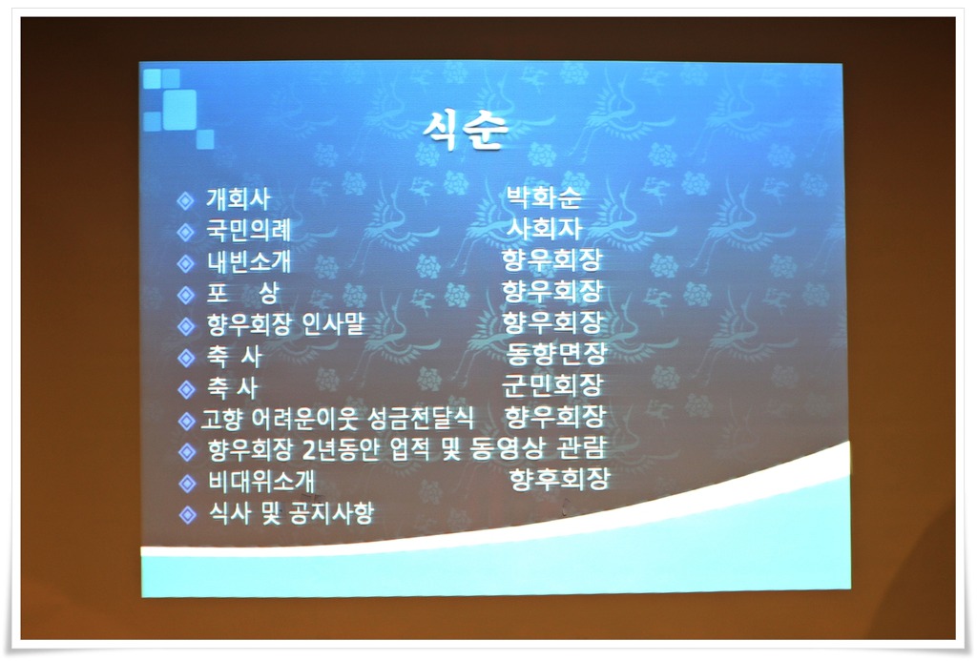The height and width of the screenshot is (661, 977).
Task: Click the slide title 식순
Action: (x=466, y=130)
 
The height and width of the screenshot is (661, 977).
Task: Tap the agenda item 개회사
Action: (x=239, y=199)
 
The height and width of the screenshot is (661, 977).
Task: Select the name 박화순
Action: (x=544, y=196)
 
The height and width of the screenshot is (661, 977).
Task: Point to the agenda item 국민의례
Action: (x=249, y=231)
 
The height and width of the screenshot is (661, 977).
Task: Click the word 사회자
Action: (x=544, y=228)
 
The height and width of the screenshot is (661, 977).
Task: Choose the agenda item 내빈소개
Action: (x=249, y=261)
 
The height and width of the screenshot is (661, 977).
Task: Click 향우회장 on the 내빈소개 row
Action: (x=552, y=259)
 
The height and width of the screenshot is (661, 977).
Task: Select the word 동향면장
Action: (x=556, y=354)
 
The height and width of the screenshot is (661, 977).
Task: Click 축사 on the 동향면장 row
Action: (x=234, y=357)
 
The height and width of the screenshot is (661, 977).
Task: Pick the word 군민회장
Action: (x=552, y=385)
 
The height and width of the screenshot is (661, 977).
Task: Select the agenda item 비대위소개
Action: (x=261, y=482)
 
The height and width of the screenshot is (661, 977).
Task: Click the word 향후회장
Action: (x=559, y=479)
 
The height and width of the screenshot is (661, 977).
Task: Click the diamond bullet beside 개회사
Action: (x=185, y=200)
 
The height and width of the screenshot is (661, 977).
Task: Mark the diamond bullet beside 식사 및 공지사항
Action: (x=187, y=515)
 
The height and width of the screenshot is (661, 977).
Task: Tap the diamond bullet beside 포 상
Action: (x=186, y=295)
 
